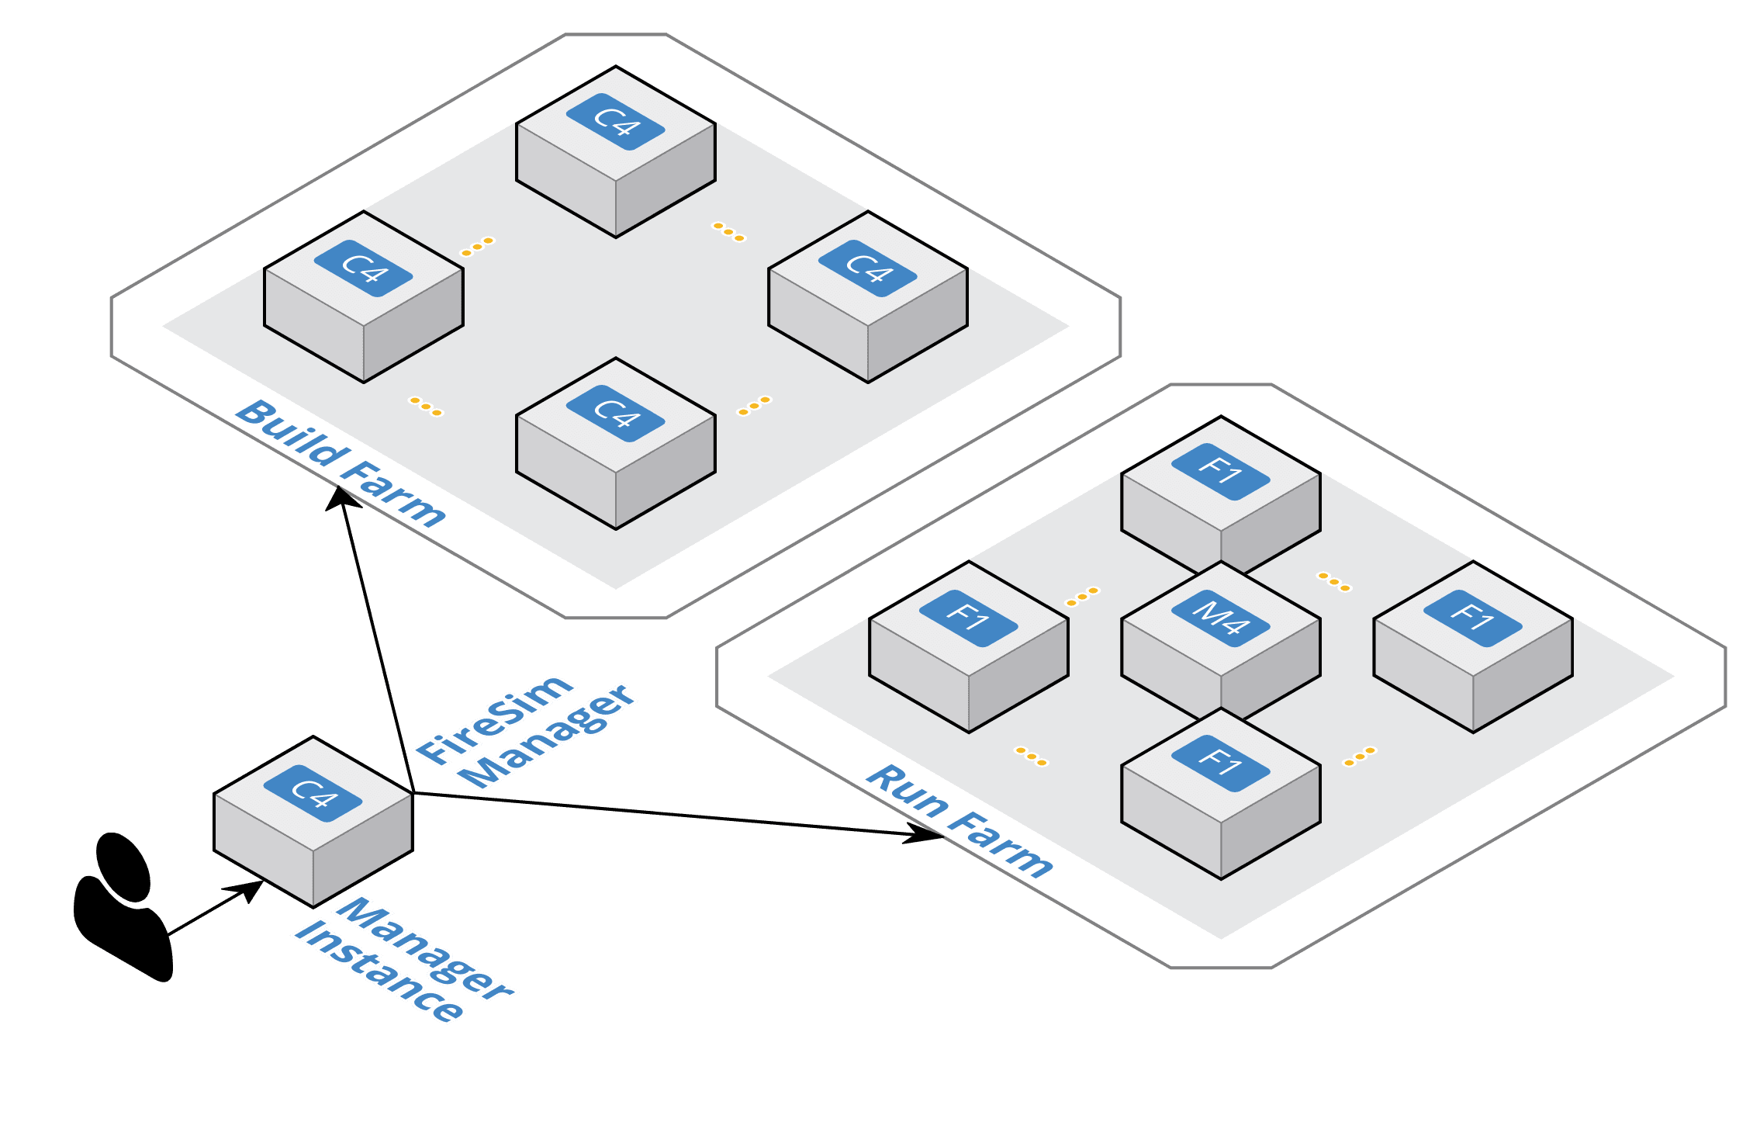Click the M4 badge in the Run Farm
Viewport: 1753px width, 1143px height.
point(1220,618)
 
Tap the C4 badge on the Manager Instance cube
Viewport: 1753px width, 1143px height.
point(313,793)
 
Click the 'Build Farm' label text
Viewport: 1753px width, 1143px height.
point(341,463)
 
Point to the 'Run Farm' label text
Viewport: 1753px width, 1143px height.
point(959,821)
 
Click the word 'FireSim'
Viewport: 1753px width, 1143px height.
point(494,719)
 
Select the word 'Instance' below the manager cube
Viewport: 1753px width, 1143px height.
point(379,971)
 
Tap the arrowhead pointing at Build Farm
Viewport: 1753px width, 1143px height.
point(341,497)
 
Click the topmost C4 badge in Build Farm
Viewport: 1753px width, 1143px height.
point(615,122)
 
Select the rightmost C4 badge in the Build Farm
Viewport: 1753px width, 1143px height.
point(867,268)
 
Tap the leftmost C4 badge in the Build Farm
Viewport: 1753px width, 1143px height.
point(363,268)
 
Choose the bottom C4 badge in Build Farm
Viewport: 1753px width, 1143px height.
point(615,414)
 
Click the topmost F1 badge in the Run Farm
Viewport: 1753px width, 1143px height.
point(1220,472)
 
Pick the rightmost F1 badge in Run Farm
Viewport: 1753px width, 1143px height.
point(1472,618)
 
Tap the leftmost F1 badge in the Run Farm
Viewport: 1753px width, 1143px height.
point(968,618)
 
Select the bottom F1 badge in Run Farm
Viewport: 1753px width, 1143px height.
point(1220,764)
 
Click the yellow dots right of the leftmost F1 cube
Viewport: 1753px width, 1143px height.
point(1082,596)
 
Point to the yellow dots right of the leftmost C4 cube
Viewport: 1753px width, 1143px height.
point(477,246)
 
